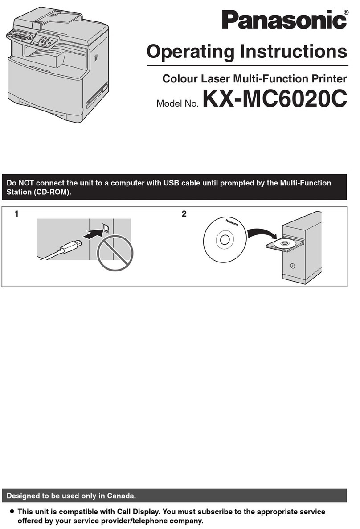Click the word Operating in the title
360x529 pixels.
190,52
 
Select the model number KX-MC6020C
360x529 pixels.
274,99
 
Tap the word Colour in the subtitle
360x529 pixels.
179,79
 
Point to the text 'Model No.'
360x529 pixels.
178,104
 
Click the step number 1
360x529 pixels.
16,214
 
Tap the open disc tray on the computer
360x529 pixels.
284,244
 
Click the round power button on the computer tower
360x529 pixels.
292,266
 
